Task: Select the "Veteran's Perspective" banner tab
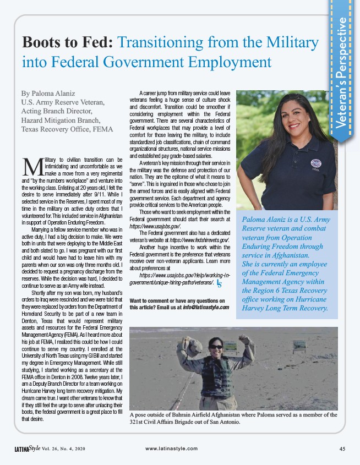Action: tap(342, 77)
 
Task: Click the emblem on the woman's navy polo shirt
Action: tap(315, 163)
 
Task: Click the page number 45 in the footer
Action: tap(342, 448)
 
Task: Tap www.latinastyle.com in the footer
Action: tap(171, 448)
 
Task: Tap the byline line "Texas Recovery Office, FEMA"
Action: tap(67, 129)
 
